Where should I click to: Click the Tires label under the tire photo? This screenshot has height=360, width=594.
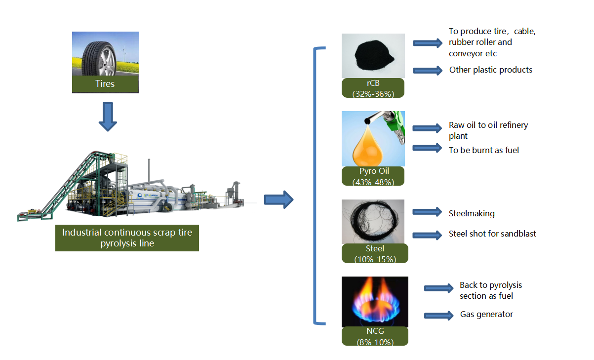point(105,84)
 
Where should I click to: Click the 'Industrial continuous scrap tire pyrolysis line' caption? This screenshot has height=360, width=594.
point(127,238)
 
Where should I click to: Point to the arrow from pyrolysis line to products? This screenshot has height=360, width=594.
point(278,200)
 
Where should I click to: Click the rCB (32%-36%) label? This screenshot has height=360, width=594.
point(373,88)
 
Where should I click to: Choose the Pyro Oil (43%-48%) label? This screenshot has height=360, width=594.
point(373,176)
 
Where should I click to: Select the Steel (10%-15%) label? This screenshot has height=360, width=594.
point(375,253)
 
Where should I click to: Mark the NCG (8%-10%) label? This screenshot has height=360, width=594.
point(375,336)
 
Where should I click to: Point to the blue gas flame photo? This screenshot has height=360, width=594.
point(375,301)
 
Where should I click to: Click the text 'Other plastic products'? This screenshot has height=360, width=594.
point(491,70)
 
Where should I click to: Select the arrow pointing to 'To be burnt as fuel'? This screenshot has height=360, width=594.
point(428,147)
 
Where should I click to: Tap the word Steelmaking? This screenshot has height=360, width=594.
point(472,214)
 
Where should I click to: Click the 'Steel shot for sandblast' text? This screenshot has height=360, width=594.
point(492,234)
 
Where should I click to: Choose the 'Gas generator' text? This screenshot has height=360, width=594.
point(486,314)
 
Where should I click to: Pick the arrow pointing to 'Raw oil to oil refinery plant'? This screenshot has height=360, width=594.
point(428,128)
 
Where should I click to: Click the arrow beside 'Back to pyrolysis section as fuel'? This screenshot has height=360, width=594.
point(438,288)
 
